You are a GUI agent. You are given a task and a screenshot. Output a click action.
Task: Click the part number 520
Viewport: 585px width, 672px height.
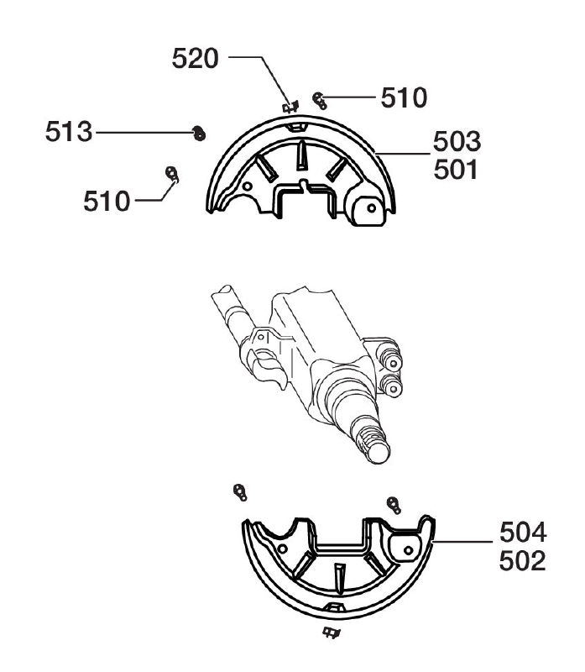195,58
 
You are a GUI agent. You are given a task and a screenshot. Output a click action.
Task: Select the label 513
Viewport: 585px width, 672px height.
69,132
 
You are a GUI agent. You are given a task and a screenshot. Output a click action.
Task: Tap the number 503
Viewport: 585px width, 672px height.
457,141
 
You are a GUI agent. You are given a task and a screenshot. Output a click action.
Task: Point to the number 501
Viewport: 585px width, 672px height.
456,170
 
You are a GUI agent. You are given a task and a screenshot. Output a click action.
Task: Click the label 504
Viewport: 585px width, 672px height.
523,533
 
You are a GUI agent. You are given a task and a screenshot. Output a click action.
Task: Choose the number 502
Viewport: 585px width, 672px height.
523,560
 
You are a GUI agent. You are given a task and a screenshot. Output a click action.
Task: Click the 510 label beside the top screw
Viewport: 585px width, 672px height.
404,97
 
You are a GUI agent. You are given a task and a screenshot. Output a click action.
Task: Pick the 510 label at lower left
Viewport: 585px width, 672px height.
107,201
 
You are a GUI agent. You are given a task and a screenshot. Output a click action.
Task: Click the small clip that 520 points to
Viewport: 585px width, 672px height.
290,107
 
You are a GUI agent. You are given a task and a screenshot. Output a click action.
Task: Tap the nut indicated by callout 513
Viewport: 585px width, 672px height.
199,134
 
